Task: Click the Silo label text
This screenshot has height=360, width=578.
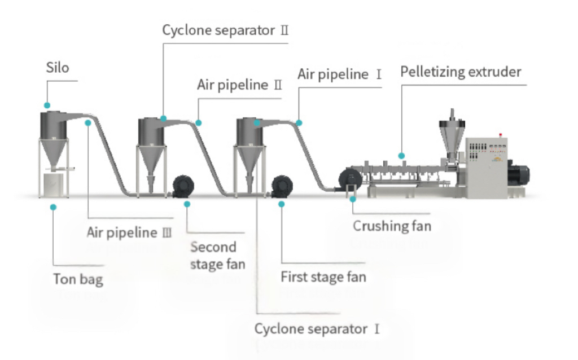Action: (58, 68)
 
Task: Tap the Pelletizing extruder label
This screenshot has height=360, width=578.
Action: (461, 72)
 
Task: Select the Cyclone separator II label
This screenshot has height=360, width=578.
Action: (225, 30)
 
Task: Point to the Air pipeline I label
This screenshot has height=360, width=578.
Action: (339, 74)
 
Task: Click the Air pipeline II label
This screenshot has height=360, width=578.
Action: (239, 85)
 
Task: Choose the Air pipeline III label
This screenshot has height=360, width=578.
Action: (129, 232)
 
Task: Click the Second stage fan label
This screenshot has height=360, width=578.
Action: (218, 256)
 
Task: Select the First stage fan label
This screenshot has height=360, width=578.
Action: (323, 276)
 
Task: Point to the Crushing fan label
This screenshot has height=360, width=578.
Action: (392, 226)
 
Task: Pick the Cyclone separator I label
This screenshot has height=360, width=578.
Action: (317, 329)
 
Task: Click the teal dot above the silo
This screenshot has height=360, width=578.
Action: (47, 106)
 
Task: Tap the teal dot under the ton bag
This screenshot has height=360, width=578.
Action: (54, 208)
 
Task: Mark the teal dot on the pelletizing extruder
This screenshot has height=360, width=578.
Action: (401, 156)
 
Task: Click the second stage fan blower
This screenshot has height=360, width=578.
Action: (183, 186)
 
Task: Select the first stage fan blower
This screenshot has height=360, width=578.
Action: (282, 186)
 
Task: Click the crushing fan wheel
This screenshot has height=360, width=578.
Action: (350, 179)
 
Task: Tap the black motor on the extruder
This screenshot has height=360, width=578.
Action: (518, 173)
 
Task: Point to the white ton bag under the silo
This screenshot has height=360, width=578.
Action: (54, 185)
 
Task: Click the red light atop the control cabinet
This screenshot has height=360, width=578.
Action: (500, 135)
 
